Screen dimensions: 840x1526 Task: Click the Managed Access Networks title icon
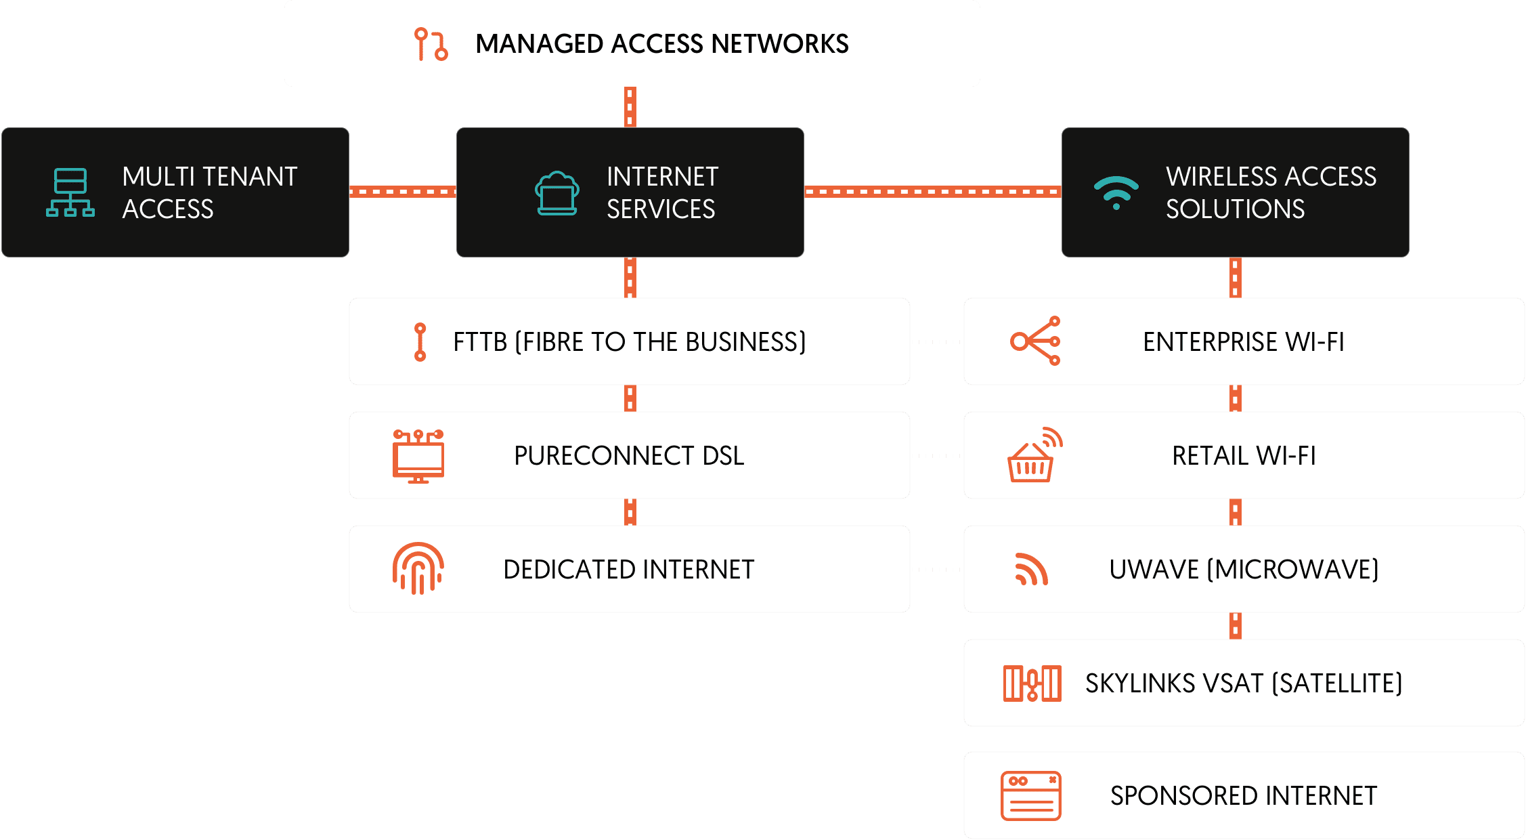[431, 44]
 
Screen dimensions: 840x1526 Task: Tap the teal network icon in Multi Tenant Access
[70, 192]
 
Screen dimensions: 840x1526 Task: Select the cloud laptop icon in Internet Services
[557, 193]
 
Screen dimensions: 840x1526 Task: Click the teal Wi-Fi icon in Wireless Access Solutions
[1116, 192]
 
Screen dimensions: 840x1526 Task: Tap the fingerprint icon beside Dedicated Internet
[418, 569]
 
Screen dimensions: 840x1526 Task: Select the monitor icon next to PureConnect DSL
[418, 456]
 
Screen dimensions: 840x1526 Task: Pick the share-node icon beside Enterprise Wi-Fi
[1035, 341]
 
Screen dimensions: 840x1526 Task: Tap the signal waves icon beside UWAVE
[1031, 569]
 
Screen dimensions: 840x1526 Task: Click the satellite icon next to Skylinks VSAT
[1032, 683]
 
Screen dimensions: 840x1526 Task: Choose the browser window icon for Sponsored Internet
[1030, 796]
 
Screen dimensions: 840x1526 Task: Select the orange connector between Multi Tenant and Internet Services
[403, 192]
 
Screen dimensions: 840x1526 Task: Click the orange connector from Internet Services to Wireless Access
[932, 192]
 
